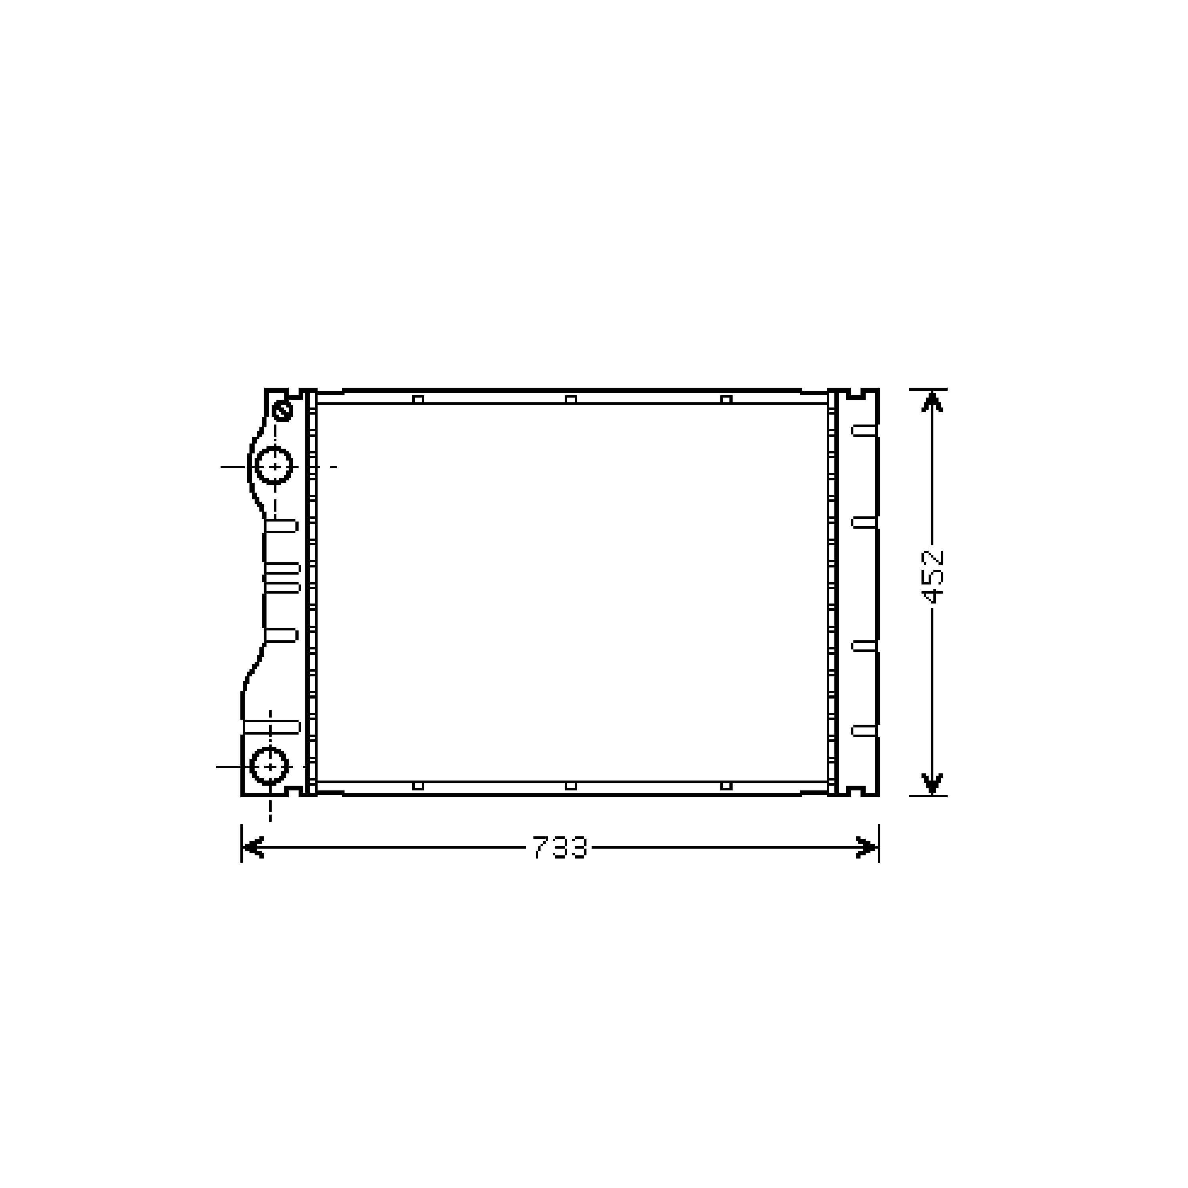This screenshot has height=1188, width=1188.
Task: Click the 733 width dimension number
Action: pos(560,847)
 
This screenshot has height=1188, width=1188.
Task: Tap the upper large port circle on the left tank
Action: pos(274,467)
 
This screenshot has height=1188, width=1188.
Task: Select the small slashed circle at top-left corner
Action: pos(282,410)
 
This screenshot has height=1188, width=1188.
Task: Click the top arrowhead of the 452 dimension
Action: pos(932,402)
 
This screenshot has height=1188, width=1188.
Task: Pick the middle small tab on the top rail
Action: pos(571,400)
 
